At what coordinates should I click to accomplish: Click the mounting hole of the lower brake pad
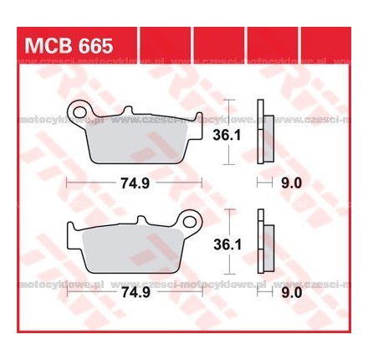coord(192,224)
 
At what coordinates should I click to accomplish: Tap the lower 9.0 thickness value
coord(293,294)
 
